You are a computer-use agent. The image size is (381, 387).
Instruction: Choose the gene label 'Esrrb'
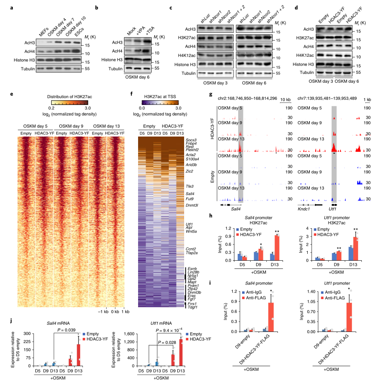coord(192,268)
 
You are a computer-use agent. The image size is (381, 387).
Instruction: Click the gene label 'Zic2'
coord(190,171)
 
